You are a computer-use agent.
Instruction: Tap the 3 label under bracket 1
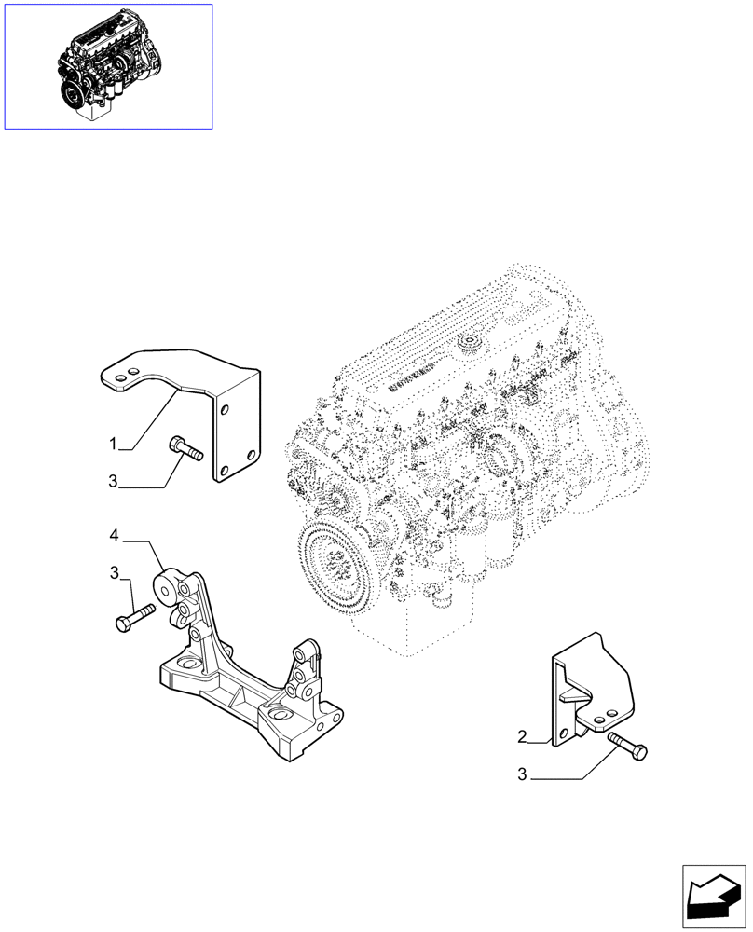(x=113, y=482)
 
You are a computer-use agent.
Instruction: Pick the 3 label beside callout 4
(x=114, y=572)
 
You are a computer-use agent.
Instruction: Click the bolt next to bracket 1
(x=187, y=449)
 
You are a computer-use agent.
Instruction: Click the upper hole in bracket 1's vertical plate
(x=223, y=407)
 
